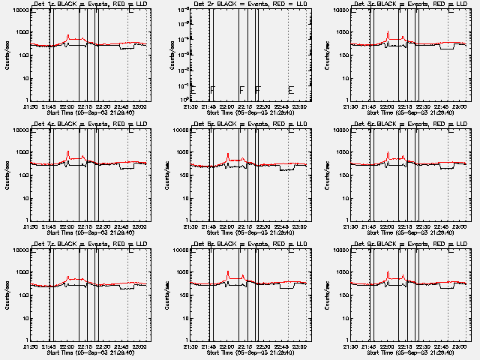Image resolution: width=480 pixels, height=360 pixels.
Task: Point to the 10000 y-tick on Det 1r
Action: pos(19,10)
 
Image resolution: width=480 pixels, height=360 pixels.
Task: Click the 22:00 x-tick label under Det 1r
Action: pos(67,106)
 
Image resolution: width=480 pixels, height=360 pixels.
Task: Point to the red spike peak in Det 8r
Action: pos(228,271)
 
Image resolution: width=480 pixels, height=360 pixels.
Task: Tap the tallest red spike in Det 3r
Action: pos(388,31)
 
